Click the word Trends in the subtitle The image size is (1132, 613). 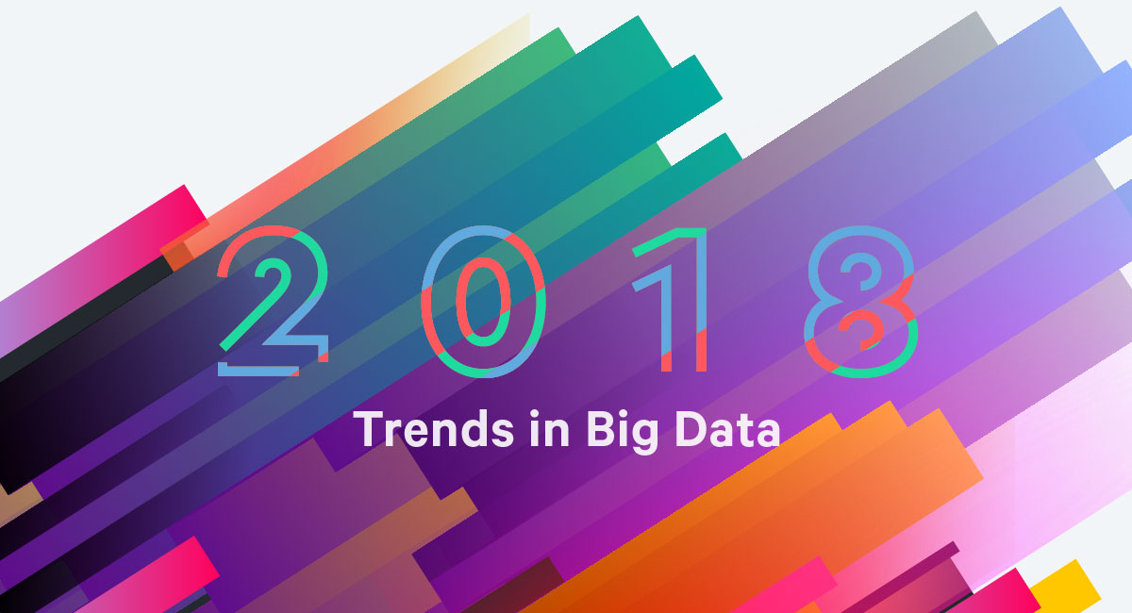(434, 429)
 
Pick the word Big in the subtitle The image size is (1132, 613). (622, 431)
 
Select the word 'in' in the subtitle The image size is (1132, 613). (549, 429)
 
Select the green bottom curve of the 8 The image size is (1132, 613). (869, 372)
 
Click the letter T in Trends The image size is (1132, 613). (371, 429)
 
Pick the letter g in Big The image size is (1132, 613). (643, 438)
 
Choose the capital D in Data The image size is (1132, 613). (691, 429)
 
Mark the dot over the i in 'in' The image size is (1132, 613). (534, 414)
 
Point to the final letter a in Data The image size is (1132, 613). (767, 434)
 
